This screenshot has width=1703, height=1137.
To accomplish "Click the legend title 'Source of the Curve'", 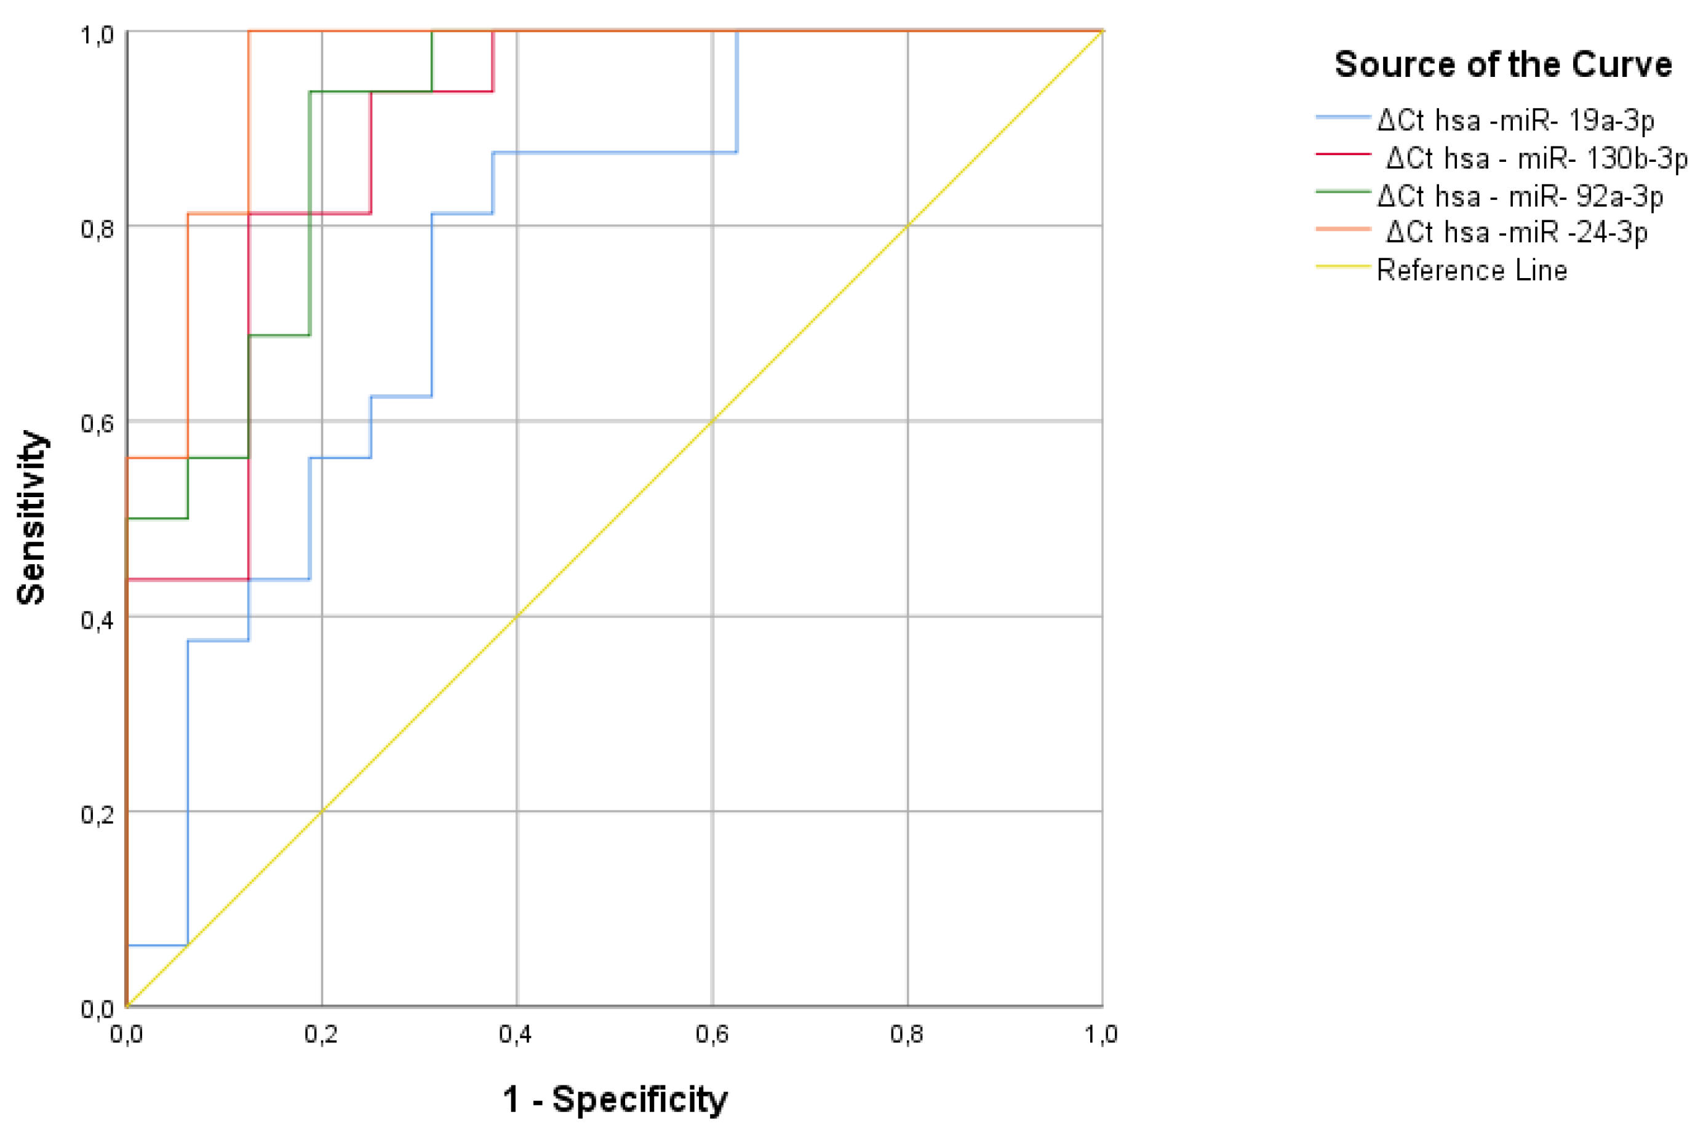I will point(1502,65).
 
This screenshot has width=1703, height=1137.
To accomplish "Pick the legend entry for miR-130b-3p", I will point(1536,158).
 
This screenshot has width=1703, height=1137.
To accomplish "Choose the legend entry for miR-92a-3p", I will point(1520,196).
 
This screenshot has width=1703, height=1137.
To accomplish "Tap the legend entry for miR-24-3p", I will point(1516,232).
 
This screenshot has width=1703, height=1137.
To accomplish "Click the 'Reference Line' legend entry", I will point(1471,271).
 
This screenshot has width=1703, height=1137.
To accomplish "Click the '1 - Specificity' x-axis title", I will point(615,1099).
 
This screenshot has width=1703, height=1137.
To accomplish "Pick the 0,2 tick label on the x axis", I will point(321,1035).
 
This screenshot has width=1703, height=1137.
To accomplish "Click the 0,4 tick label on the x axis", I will point(516,1035).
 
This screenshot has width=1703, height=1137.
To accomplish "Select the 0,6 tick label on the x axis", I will point(712,1035).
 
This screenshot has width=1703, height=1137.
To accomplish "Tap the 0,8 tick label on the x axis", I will point(907,1035).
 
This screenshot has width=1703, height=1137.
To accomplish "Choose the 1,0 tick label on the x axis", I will point(1101,1035).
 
